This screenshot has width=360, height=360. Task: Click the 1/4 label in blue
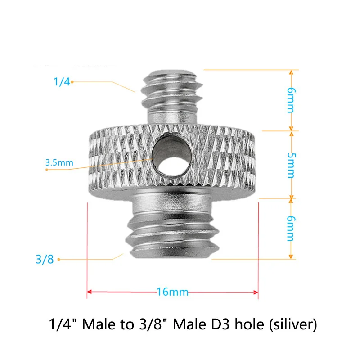62,82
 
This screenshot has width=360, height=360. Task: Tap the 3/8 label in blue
45,260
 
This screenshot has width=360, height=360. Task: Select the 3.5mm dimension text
59,162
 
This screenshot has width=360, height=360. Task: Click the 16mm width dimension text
172,292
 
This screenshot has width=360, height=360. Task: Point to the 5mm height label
292,165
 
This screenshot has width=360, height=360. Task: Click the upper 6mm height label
292,100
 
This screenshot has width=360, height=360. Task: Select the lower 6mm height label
292,229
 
